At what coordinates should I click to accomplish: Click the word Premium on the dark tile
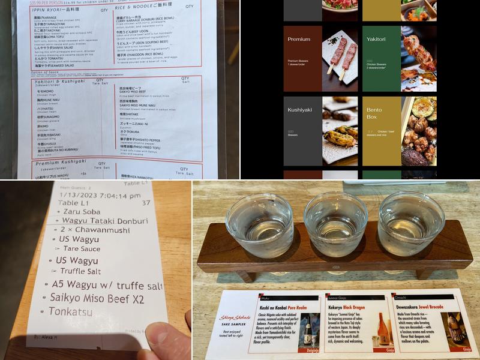click(299, 40)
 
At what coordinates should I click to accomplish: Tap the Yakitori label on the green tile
click(379, 40)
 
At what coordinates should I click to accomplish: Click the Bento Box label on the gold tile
click(376, 115)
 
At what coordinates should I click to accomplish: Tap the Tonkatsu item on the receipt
click(73, 312)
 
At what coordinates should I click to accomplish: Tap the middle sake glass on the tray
click(334, 224)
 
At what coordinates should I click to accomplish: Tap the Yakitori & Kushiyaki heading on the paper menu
click(59, 81)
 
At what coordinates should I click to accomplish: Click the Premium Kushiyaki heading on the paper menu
click(60, 163)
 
